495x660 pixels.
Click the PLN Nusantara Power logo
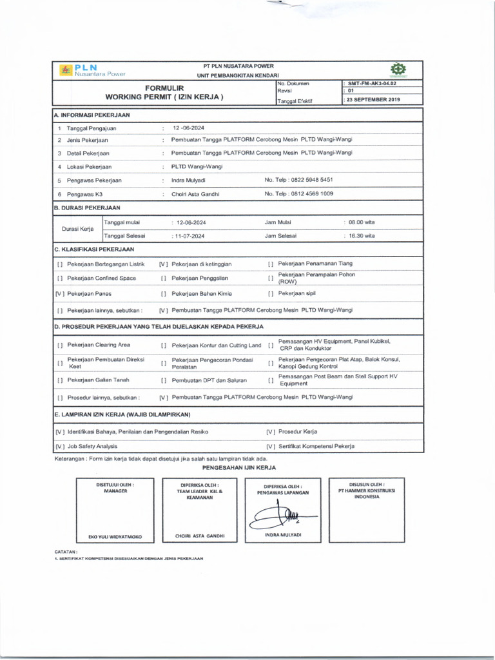[93, 70]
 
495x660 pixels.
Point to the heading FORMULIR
[164, 88]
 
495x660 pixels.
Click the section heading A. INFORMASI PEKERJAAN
[92, 115]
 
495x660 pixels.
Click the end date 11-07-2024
[189, 236]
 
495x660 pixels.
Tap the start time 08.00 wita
[361, 222]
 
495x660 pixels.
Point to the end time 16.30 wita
[361, 236]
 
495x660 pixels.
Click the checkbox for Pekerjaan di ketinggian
[164, 264]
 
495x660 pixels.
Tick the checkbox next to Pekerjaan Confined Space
[59, 278]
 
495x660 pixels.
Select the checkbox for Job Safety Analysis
[59, 446]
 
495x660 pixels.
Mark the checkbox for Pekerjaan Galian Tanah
[59, 380]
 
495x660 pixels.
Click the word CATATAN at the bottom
[66, 552]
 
